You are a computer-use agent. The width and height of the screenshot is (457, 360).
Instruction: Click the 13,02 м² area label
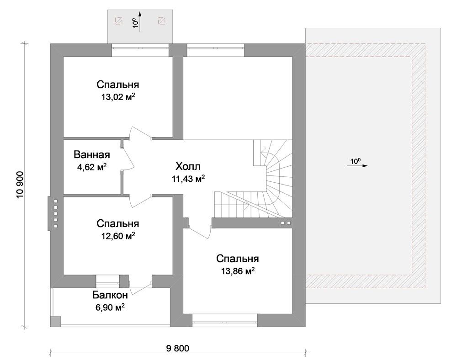(118, 96)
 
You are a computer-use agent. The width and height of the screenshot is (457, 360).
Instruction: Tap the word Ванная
(92, 154)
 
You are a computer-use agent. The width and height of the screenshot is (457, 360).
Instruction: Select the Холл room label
(188, 167)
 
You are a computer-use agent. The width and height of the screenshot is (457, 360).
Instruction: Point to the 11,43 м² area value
(188, 179)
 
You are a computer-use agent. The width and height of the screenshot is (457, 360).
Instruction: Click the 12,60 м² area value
(118, 235)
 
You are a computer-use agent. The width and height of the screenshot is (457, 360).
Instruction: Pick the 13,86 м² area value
(238, 271)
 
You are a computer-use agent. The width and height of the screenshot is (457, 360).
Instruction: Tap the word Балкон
(110, 295)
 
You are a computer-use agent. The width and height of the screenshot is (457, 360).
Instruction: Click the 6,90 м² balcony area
(110, 307)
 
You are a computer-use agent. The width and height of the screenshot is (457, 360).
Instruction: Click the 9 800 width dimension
(177, 348)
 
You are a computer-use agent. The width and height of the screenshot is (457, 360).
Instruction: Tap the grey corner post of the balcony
(56, 322)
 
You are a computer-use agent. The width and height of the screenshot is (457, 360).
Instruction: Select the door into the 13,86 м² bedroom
(199, 232)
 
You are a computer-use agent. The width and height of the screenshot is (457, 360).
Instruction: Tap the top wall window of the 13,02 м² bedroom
(140, 50)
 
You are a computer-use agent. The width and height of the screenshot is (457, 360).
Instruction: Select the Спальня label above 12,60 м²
(118, 223)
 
